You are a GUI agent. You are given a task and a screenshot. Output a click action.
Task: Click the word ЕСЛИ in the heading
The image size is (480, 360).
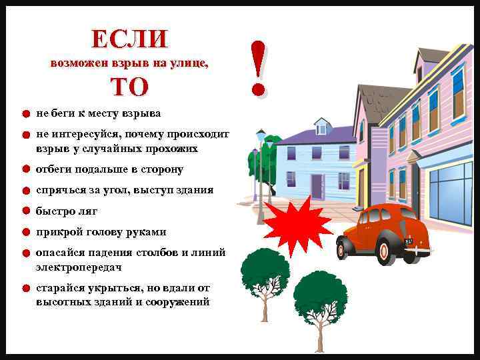130,39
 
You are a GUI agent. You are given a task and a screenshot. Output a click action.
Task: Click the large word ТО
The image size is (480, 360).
129,87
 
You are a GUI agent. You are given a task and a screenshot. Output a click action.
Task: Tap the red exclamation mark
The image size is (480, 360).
259,67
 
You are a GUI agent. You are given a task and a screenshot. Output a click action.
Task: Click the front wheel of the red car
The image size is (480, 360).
388,250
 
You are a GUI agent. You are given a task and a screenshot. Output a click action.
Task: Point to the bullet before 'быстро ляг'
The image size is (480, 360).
25,211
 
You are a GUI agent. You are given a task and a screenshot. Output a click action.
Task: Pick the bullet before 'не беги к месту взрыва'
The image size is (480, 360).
25,114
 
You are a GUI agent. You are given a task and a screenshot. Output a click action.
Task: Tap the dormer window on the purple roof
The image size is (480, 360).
321,126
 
